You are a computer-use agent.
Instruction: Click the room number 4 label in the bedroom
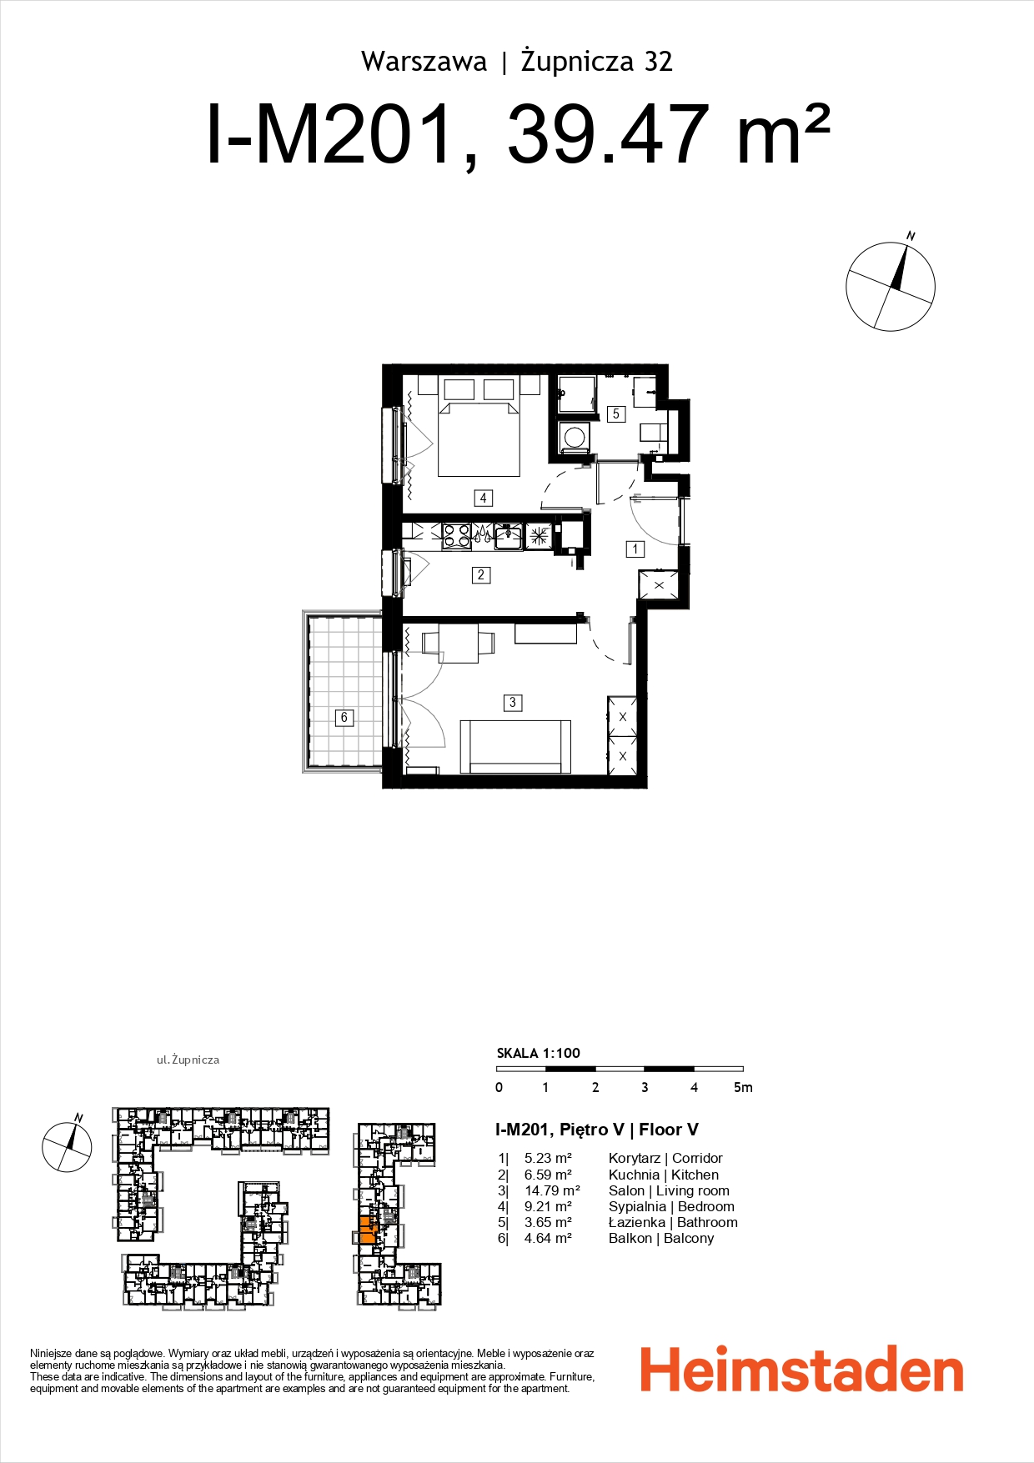483,498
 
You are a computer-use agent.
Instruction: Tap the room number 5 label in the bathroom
616,413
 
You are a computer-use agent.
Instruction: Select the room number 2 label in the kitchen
481,574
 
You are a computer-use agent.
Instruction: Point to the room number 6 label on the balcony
344,717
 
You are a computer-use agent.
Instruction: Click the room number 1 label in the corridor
635,549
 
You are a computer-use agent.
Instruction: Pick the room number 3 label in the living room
513,703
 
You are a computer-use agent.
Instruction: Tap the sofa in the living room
515,747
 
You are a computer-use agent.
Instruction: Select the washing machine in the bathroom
575,437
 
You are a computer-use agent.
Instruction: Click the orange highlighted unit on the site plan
367,1230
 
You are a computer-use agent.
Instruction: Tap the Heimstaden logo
801,1372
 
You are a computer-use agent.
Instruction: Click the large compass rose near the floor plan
890,287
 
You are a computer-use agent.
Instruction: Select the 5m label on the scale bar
742,1087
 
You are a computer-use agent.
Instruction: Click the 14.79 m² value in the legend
552,1190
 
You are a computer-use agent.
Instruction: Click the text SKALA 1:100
538,1053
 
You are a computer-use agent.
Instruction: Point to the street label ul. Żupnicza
188,1060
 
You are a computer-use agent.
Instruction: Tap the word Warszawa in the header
424,62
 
